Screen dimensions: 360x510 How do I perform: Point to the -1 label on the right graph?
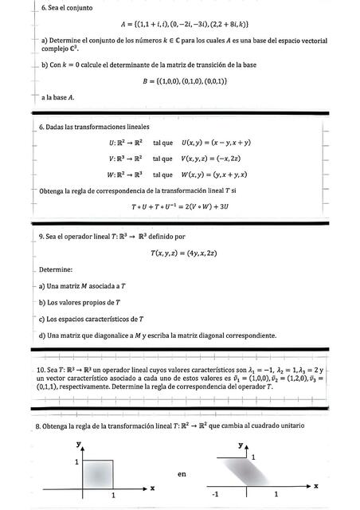[x=214, y=495]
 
